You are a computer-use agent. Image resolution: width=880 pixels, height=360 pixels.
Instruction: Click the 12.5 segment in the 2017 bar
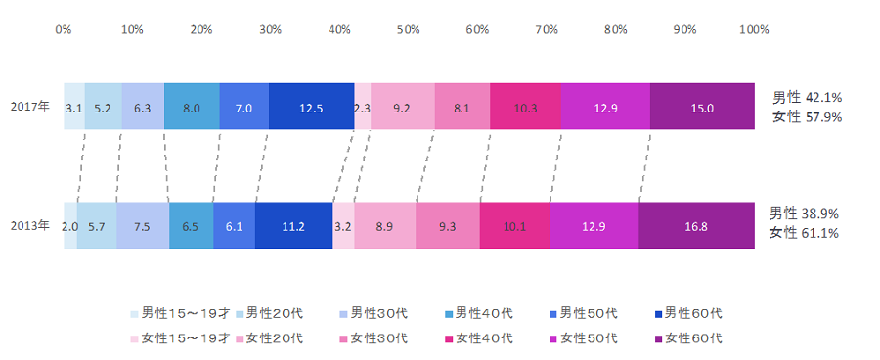[312, 107]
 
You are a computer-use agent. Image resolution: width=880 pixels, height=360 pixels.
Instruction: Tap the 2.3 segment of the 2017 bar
[363, 107]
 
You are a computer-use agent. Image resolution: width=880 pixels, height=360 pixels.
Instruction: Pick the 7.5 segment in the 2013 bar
[143, 226]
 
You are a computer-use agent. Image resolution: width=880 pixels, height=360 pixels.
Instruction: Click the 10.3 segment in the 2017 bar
[525, 107]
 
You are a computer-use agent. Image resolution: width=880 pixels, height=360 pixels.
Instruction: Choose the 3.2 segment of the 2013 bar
[343, 226]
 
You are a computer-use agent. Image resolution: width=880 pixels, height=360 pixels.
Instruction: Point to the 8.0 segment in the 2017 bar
[192, 107]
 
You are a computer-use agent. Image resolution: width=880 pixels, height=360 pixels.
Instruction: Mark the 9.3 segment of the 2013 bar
[448, 226]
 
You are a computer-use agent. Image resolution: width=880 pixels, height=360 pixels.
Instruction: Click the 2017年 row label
[30, 107]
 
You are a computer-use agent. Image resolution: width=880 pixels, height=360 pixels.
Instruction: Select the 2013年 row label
[30, 226]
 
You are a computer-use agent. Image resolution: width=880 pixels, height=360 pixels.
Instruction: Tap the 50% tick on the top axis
[409, 30]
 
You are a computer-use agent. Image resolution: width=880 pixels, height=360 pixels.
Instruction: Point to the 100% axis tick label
[754, 30]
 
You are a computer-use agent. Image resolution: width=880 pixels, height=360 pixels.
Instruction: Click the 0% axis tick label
[64, 30]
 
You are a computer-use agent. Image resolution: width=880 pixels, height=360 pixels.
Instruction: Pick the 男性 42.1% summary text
[807, 98]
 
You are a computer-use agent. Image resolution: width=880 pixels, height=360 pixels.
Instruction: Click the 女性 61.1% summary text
[804, 233]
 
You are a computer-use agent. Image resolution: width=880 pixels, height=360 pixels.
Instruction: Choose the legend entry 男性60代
[688, 313]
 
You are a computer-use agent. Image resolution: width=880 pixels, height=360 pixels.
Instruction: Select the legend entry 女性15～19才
[180, 338]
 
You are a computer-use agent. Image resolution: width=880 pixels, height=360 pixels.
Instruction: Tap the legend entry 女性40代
[479, 338]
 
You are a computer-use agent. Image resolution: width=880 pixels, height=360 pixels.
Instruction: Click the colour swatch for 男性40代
[449, 314]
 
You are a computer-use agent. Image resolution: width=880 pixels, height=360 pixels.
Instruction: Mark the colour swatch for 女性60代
[658, 339]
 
